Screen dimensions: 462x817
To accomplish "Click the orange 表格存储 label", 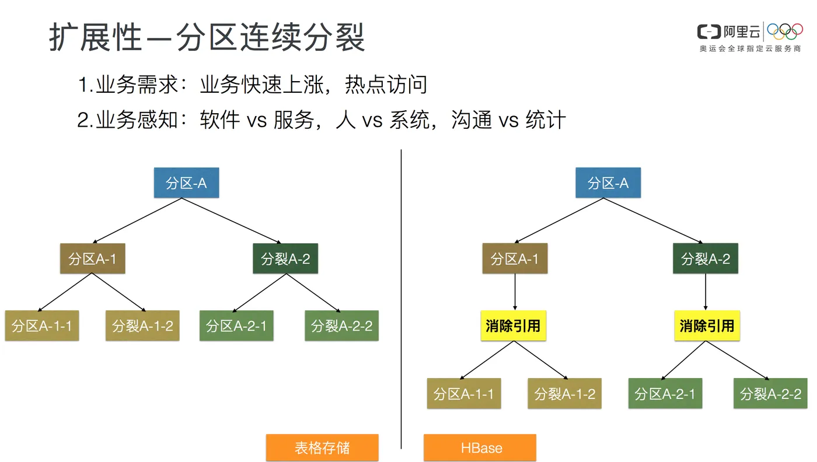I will pyautogui.click(x=322, y=448).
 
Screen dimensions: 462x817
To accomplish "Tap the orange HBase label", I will pyautogui.click(x=480, y=448).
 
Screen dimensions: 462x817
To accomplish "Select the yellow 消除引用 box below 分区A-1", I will pyautogui.click(x=514, y=325).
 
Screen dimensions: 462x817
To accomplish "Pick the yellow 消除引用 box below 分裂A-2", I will pyautogui.click(x=707, y=325).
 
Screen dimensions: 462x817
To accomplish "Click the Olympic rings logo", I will pyautogui.click(x=785, y=32).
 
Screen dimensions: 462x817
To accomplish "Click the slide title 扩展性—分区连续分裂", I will pyautogui.click(x=207, y=38).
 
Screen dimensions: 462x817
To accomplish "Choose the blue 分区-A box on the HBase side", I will pyautogui.click(x=608, y=183).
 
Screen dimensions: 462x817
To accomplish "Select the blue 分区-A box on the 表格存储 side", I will pyautogui.click(x=186, y=183).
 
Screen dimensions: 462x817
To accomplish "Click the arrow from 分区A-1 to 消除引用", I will pyautogui.click(x=515, y=292).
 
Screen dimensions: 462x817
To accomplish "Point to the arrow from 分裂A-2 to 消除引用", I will pyautogui.click(x=706, y=292).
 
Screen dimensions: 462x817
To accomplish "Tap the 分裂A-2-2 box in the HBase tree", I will pyautogui.click(x=770, y=394).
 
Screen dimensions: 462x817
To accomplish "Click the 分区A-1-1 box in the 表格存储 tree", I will pyautogui.click(x=42, y=325).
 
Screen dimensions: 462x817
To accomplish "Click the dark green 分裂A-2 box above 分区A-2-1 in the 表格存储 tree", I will pyautogui.click(x=285, y=258).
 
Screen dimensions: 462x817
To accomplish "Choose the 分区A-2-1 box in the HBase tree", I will pyautogui.click(x=665, y=394).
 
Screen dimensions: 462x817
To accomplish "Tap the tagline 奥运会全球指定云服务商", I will pyautogui.click(x=750, y=49).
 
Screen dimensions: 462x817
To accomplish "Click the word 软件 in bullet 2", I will pyautogui.click(x=219, y=120).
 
